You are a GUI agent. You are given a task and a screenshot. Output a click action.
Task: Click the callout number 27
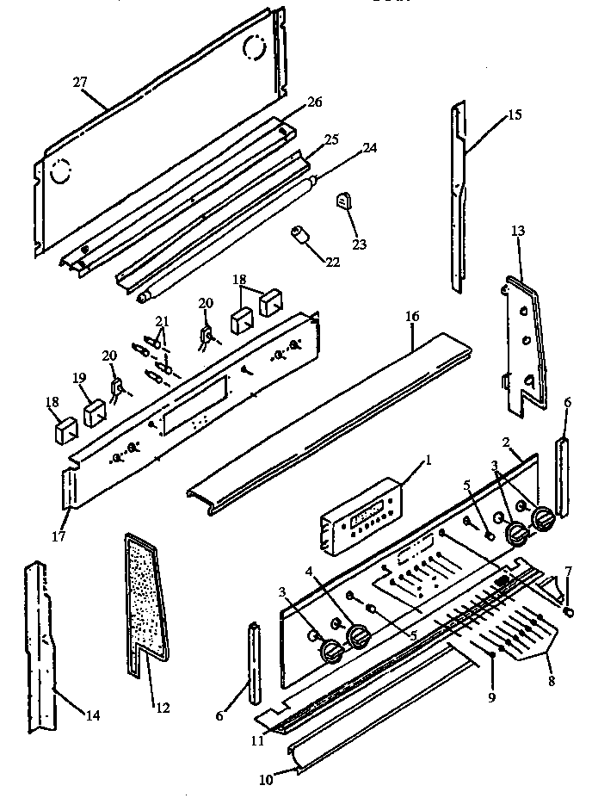tap(79, 83)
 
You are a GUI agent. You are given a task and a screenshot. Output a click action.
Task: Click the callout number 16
tap(412, 317)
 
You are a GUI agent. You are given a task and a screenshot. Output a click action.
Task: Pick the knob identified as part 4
tap(359, 637)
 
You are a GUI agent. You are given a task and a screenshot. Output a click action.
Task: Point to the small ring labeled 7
tap(568, 611)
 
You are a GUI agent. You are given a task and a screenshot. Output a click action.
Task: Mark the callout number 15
tap(514, 114)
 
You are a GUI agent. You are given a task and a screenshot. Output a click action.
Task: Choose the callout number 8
tap(550, 678)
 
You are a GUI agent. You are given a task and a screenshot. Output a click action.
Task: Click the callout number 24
tap(369, 147)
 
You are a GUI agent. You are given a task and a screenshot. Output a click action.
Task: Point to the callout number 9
tap(491, 698)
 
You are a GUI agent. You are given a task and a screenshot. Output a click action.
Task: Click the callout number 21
tap(161, 321)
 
